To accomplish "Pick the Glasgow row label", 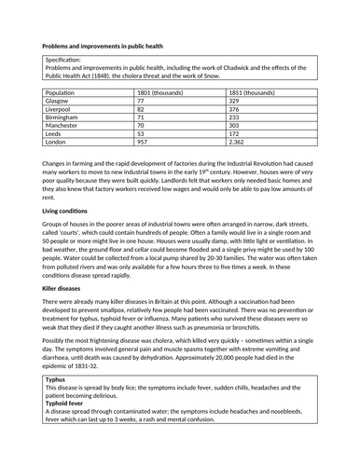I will point(59,102).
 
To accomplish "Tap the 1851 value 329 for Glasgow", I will point(235,102).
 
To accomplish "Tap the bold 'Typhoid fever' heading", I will point(70,431).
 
